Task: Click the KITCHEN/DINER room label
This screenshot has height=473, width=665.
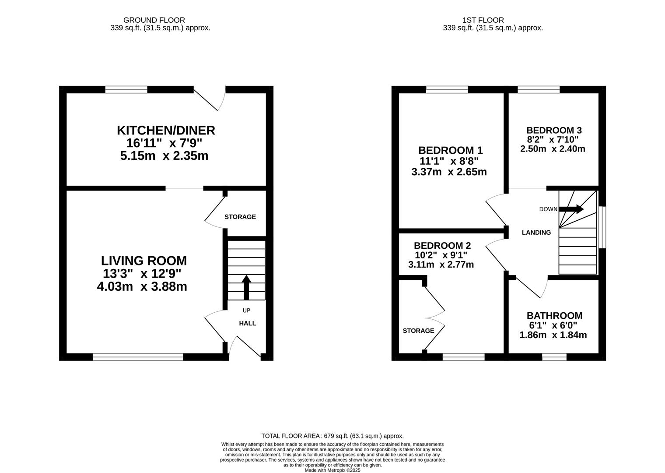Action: (x=166, y=131)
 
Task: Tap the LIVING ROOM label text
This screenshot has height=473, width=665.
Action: (x=144, y=261)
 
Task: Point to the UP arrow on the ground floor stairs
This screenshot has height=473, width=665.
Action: (x=246, y=287)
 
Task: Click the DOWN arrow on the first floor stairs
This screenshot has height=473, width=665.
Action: (x=571, y=209)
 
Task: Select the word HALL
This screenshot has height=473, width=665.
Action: (x=248, y=323)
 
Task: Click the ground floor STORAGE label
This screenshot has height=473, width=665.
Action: (x=240, y=217)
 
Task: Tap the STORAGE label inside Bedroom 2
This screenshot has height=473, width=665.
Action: (x=418, y=331)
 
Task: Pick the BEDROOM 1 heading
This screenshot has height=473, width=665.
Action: (x=451, y=150)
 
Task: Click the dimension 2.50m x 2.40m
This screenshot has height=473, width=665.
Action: (x=553, y=149)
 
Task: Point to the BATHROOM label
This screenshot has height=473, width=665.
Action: (x=555, y=315)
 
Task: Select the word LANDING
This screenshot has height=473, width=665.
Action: (x=536, y=233)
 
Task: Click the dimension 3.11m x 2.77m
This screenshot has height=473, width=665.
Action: (x=441, y=265)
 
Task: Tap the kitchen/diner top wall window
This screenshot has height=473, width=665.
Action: (x=126, y=89)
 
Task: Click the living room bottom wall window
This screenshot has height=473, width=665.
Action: (x=138, y=357)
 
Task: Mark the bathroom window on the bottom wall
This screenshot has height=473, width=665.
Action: (x=554, y=357)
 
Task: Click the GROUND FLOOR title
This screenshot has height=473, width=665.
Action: (x=154, y=20)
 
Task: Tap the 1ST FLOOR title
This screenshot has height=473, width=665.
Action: (x=483, y=20)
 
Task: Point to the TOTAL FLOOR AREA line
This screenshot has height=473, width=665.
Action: (x=332, y=436)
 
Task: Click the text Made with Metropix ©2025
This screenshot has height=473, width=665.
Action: (x=332, y=470)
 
